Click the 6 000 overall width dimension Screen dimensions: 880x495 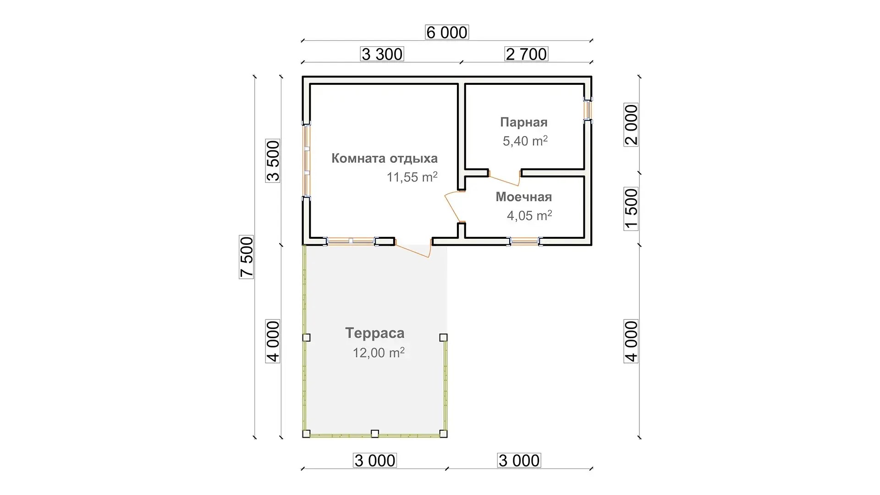[447, 33]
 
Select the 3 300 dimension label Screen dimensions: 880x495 [382, 54]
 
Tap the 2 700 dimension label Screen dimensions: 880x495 [526, 54]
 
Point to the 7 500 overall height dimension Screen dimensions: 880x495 [247, 257]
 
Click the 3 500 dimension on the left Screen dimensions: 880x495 [273, 161]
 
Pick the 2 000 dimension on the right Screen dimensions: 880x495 [631, 125]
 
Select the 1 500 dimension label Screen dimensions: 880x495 [631, 209]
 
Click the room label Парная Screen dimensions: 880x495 [523, 122]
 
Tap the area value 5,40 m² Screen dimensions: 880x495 [525, 141]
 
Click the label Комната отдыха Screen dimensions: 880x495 [385, 159]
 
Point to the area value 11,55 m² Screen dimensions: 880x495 [412, 177]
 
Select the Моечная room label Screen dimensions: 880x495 [523, 197]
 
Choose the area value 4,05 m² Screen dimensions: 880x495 [529, 215]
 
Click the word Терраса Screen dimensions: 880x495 [375, 333]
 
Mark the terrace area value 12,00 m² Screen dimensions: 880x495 [379, 353]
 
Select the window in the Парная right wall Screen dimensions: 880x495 [588, 110]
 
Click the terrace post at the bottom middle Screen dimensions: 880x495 [375, 434]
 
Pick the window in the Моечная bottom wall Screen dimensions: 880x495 [525, 242]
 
